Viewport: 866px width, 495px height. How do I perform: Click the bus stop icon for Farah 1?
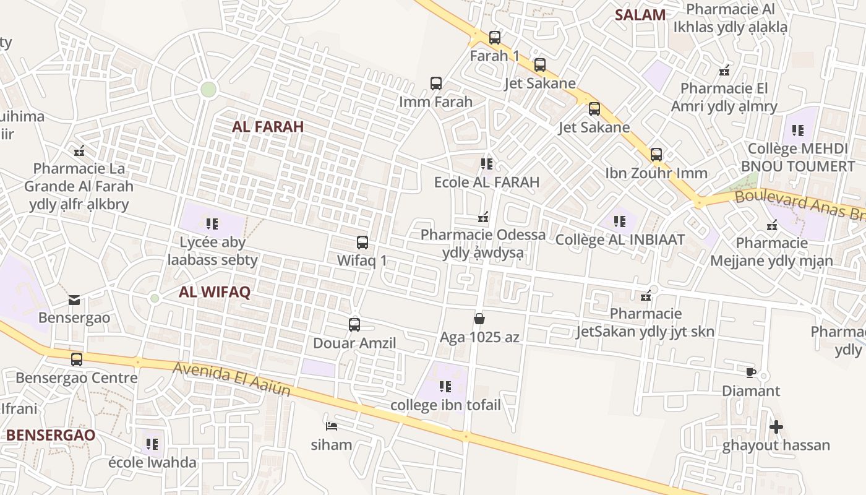click(494, 38)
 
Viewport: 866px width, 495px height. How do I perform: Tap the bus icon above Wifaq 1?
click(362, 243)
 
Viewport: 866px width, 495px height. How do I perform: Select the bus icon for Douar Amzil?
click(354, 325)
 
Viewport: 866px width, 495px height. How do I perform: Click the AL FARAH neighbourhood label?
click(268, 127)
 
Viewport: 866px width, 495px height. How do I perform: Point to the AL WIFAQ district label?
click(215, 293)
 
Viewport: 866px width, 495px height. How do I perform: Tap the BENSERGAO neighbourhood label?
click(51, 435)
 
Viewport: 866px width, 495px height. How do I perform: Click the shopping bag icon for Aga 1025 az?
click(479, 319)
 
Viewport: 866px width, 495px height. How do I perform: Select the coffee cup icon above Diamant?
click(750, 372)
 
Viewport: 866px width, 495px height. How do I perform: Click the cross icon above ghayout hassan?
click(776, 427)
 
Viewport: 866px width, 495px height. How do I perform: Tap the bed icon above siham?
click(332, 426)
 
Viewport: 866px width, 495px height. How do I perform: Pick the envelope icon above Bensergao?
click(74, 301)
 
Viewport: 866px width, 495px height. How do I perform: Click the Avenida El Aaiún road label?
click(231, 378)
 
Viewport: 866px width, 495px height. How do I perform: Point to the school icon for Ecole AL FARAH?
click(487, 164)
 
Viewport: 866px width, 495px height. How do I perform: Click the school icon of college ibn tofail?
click(445, 387)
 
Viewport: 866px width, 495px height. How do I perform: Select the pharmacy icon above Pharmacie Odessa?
click(483, 217)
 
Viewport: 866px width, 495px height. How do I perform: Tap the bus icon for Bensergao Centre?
click(77, 359)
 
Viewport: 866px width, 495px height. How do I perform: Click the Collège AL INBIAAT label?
click(620, 239)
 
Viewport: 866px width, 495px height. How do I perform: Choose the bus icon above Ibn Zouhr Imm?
click(656, 155)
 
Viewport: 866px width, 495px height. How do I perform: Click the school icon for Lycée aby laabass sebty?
click(212, 224)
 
